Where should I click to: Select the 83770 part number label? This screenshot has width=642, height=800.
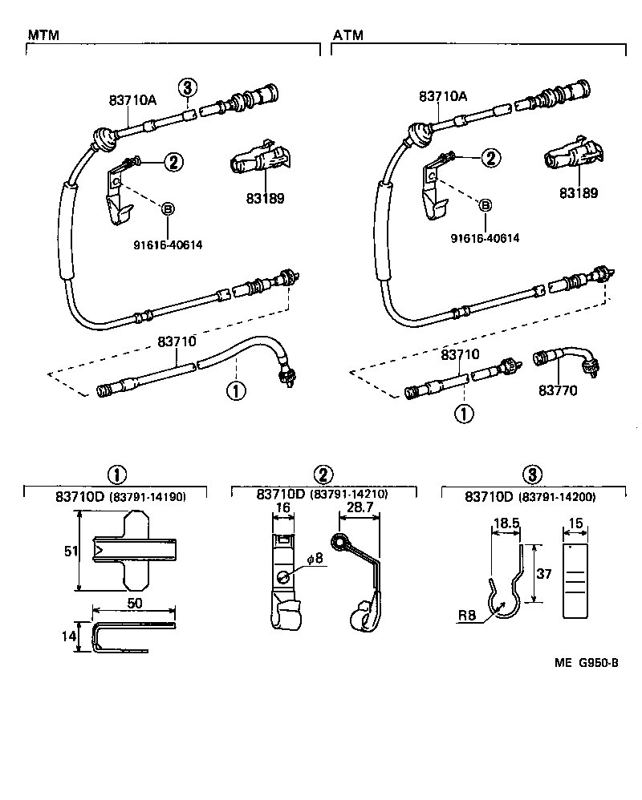558,390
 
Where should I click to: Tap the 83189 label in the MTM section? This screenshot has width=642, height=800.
264,197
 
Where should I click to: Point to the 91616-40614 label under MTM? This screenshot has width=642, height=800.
168,244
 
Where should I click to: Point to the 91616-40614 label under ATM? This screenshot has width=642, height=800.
485,238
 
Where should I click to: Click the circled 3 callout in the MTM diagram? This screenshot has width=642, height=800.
186,87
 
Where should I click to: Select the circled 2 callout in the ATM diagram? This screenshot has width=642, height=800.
490,159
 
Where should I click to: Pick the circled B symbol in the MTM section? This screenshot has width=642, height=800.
168,209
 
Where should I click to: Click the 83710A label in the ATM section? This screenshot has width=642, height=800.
442,96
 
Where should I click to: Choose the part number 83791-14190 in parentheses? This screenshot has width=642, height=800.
148,497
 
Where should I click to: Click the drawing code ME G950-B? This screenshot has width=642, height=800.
585,662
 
